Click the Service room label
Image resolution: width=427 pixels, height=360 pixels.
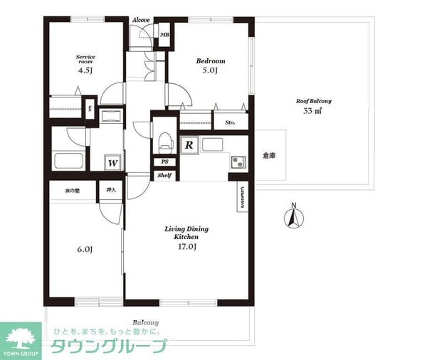click(x=85, y=58)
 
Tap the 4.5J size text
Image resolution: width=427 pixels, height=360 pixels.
click(x=85, y=70)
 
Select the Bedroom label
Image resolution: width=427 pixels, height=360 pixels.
click(x=211, y=61)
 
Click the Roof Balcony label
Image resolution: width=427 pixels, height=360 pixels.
click(x=314, y=101)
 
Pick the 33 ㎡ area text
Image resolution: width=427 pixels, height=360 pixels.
click(x=313, y=112)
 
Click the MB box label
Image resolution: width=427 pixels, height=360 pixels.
click(x=164, y=34)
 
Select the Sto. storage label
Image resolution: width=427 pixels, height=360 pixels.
click(x=230, y=122)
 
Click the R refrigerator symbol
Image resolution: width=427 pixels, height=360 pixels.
click(x=189, y=145)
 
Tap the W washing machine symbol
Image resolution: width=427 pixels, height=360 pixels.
click(x=112, y=163)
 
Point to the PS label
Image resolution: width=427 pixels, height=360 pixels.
click(x=164, y=162)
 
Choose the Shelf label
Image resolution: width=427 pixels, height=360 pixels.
click(x=164, y=174)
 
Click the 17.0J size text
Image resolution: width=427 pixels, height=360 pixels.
click(x=186, y=246)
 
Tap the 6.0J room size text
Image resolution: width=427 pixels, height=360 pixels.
click(x=85, y=249)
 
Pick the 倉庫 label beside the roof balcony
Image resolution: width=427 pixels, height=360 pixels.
click(x=268, y=155)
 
